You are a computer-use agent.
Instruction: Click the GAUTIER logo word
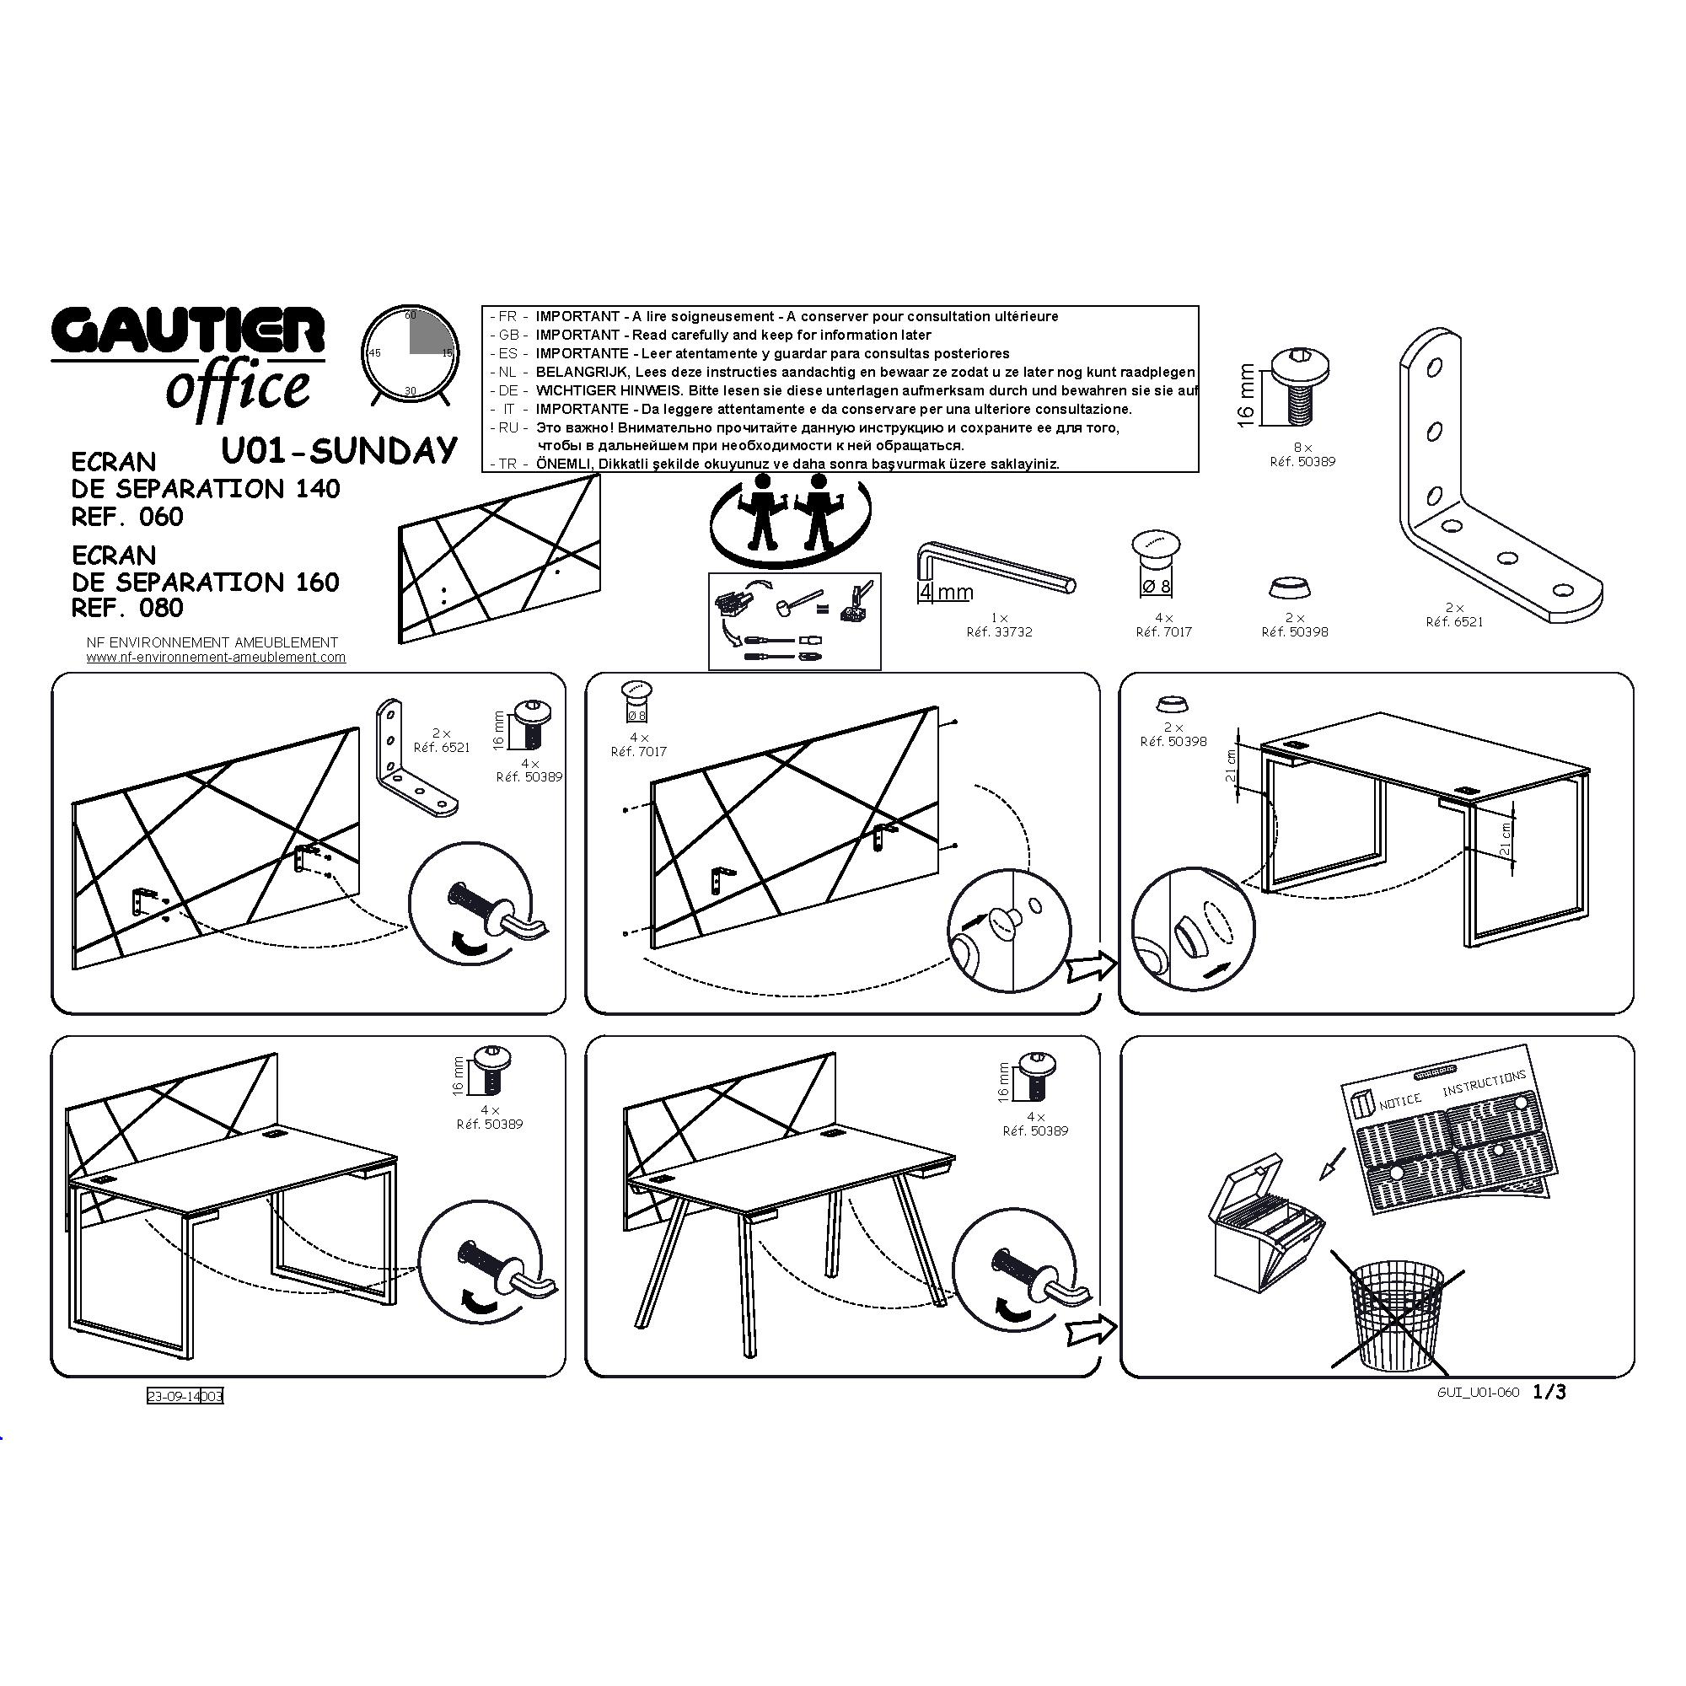coord(188,332)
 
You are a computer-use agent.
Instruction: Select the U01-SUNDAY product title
coord(340,450)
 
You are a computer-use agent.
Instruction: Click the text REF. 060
coord(127,517)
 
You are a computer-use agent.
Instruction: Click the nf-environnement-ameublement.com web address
coord(216,658)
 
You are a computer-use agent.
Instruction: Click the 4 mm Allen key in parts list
coord(996,572)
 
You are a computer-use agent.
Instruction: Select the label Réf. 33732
coord(999,631)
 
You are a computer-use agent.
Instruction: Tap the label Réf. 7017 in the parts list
coord(1163,631)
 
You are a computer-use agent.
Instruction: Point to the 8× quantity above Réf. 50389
coord(1302,447)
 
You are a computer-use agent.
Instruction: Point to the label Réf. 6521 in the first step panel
coord(442,747)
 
